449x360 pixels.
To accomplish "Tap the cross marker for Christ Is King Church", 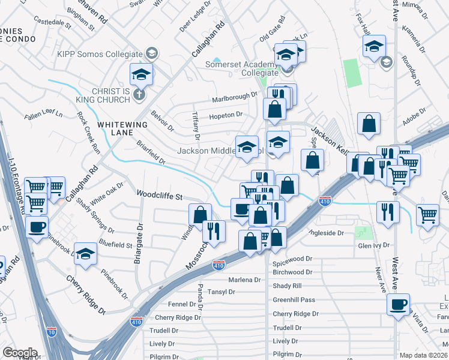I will point(139,94).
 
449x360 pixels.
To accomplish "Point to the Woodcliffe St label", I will point(160,195).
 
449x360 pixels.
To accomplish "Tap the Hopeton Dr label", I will point(225,115).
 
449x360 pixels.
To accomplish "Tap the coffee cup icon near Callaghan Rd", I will point(37,227).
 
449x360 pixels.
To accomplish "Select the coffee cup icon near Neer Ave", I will point(398,304).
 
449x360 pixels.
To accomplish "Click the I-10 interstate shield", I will point(51,331).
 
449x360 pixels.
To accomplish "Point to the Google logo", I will point(19,353).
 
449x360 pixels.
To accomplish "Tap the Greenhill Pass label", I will point(294,299).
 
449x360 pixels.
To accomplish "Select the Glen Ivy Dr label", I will point(373,245).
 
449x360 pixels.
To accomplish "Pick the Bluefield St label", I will point(115,245).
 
